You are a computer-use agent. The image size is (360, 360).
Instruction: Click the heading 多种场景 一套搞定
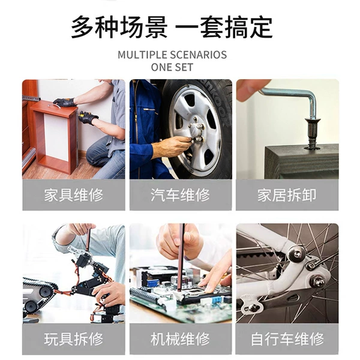coord(172,27)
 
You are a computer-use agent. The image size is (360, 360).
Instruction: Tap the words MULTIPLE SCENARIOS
coord(172,55)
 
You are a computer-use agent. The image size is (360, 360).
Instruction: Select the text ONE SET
coord(172,67)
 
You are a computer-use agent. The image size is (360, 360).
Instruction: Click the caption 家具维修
coord(74,195)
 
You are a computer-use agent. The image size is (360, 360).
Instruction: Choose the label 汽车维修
coord(180,195)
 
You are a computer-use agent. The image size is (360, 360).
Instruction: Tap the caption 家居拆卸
coord(287,195)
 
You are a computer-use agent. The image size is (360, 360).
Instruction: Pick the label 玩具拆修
coord(74,339)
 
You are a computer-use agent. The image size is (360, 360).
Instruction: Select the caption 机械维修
coord(180,339)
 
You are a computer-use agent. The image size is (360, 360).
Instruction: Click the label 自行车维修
coord(287,339)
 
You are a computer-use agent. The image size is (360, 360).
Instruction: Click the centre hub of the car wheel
coord(195,129)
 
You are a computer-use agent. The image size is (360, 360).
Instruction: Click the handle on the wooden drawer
coord(55,106)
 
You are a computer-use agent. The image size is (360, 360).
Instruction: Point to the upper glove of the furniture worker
coord(64,102)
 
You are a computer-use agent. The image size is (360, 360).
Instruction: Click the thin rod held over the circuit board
coord(181,258)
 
